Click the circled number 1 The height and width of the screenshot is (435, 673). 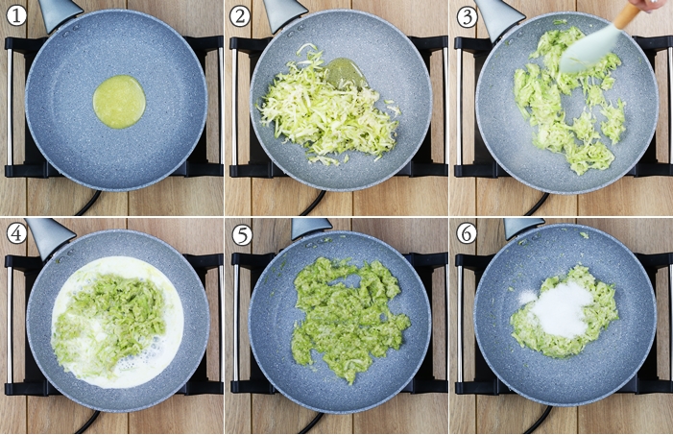[x=16, y=16]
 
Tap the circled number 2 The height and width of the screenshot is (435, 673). [x=240, y=16]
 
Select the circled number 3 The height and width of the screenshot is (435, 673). [x=467, y=17]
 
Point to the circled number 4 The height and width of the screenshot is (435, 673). [x=16, y=234]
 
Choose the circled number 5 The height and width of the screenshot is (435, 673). [x=242, y=235]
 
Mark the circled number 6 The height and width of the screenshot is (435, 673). [x=467, y=234]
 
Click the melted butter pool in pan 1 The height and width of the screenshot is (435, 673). [x=119, y=102]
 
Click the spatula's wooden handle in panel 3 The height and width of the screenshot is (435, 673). [x=628, y=15]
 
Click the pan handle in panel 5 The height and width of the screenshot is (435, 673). [x=311, y=228]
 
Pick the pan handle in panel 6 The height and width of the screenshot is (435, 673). [x=523, y=227]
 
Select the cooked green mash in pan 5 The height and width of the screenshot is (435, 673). [x=347, y=318]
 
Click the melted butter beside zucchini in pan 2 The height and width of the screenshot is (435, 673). [x=345, y=72]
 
